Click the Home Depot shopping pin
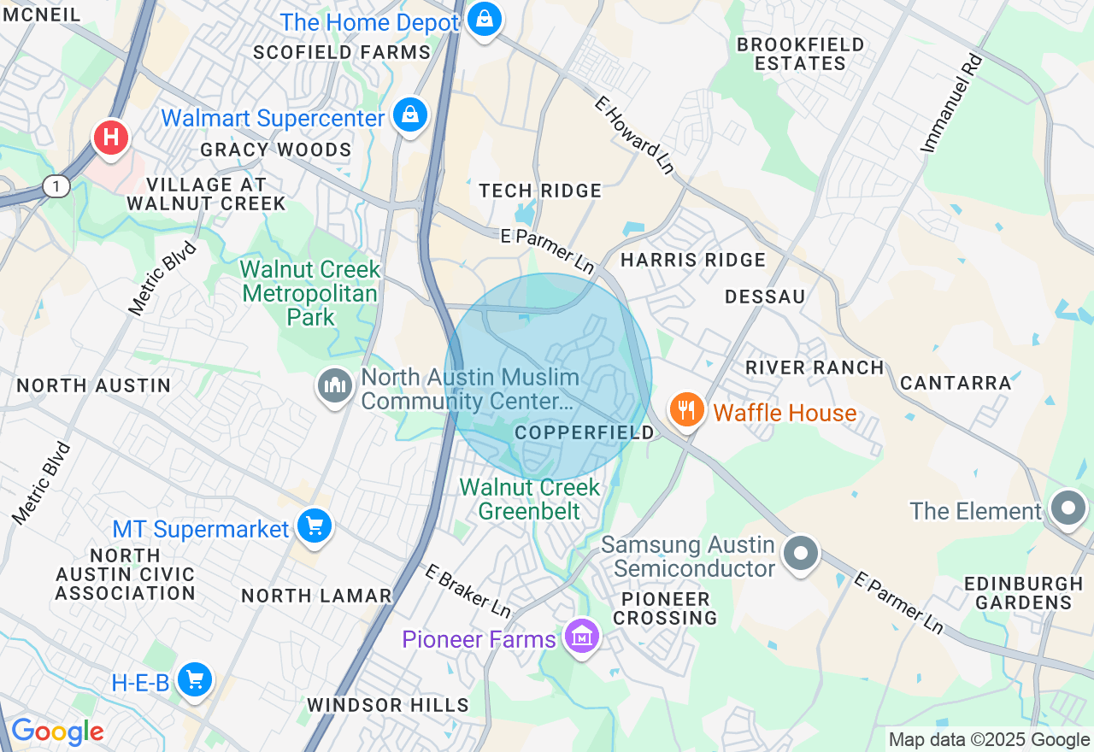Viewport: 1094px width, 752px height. pos(484,19)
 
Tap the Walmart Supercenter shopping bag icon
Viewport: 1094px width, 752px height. pos(410,115)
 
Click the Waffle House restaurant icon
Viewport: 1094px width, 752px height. pos(685,410)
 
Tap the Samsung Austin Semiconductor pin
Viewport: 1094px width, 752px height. pos(801,553)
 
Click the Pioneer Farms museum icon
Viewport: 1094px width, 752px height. pos(582,637)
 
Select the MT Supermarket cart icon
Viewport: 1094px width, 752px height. pos(315,526)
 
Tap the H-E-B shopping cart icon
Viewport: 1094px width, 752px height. pos(195,680)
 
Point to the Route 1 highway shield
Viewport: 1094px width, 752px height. pos(56,187)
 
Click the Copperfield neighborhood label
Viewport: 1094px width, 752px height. pos(584,432)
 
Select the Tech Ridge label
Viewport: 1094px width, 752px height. pos(540,191)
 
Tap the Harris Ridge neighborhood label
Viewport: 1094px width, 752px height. pos(692,259)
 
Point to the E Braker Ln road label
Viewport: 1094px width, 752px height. pos(468,590)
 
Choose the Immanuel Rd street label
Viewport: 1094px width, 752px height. pos(952,103)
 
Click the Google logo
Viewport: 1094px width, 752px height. pos(57,731)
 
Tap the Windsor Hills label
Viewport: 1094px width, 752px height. pos(387,705)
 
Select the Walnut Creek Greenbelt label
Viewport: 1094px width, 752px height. pos(530,499)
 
